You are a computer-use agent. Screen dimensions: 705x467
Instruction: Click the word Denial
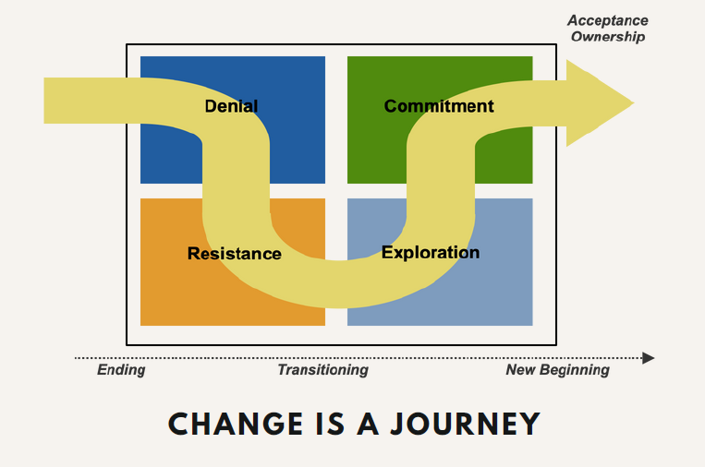pyautogui.click(x=231, y=106)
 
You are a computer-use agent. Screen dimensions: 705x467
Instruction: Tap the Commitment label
pyautogui.click(x=439, y=106)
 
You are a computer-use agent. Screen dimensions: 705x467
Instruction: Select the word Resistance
pyautogui.click(x=235, y=254)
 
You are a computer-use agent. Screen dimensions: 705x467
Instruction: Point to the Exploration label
pyautogui.click(x=431, y=253)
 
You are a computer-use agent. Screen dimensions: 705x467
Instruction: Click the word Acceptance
pyautogui.click(x=607, y=20)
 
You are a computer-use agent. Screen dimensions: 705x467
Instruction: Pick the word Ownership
pyautogui.click(x=608, y=37)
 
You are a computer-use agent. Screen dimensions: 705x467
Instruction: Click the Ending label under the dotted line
pyautogui.click(x=121, y=370)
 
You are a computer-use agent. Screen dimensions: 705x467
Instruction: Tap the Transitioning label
pyautogui.click(x=322, y=370)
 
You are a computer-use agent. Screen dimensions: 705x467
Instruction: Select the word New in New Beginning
pyautogui.click(x=520, y=369)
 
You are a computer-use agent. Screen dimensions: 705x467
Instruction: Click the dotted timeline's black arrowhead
pyautogui.click(x=649, y=358)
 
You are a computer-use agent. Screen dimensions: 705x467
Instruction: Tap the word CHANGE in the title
pyautogui.click(x=235, y=424)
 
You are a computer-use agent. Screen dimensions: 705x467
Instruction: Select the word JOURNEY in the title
pyautogui.click(x=465, y=424)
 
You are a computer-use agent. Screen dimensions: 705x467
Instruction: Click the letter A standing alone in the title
pyautogui.click(x=368, y=424)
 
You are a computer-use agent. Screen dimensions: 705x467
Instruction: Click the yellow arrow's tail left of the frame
pyautogui.click(x=85, y=101)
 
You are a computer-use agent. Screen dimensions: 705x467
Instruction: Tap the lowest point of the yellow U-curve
pyautogui.click(x=338, y=307)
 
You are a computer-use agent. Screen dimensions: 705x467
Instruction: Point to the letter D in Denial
pyautogui.click(x=212, y=106)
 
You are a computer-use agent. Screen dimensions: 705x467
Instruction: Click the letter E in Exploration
pyautogui.click(x=387, y=252)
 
